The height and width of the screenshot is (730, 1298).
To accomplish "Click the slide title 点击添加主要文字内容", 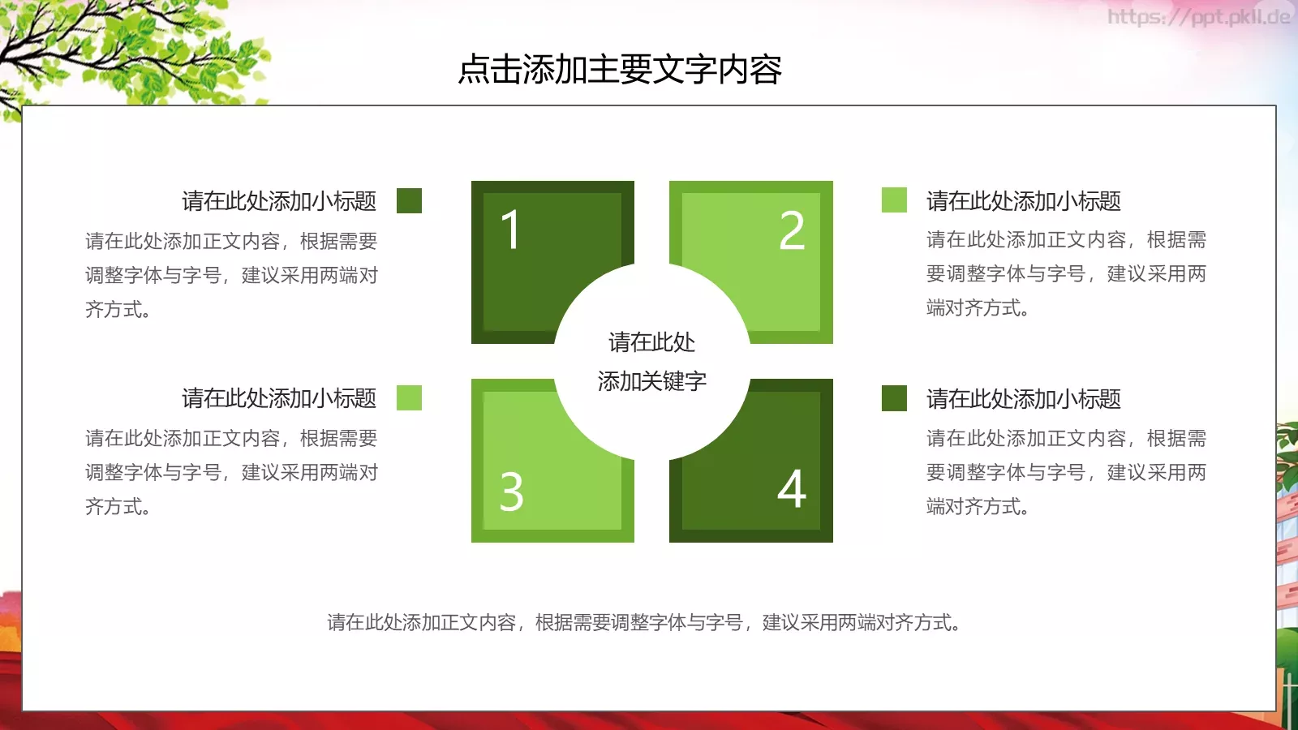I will tap(620, 70).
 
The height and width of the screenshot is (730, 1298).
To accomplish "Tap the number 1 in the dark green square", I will tap(510, 230).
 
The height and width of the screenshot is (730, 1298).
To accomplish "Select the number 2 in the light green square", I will tap(792, 230).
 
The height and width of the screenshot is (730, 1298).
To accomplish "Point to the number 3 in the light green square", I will tap(511, 492).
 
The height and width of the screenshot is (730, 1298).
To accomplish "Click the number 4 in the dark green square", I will tap(792, 489).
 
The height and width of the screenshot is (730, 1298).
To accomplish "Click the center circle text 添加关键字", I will tap(651, 381).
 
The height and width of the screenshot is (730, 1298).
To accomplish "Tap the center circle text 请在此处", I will tap(651, 342).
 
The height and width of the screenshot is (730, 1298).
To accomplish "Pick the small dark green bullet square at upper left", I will tap(409, 200).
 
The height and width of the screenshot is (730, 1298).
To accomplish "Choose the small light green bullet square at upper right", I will tap(894, 200).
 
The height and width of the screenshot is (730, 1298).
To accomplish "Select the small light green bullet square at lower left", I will tap(409, 397).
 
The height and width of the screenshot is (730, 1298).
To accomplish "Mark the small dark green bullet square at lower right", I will tap(894, 398).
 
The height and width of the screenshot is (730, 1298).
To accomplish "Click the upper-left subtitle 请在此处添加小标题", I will tap(279, 201).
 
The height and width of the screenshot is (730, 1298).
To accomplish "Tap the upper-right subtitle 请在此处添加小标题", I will tap(1024, 201).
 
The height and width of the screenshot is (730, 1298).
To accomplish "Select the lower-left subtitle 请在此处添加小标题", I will tap(279, 398).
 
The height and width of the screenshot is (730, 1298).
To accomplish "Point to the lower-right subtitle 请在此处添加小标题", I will tap(1024, 399).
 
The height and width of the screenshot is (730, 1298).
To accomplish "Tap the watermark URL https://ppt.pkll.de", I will tap(1198, 17).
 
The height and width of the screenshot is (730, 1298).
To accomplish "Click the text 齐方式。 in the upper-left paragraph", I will tap(118, 310).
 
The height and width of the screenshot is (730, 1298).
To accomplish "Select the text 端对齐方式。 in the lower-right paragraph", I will tap(978, 507).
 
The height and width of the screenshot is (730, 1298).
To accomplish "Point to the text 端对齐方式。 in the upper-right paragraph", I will tap(978, 308).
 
